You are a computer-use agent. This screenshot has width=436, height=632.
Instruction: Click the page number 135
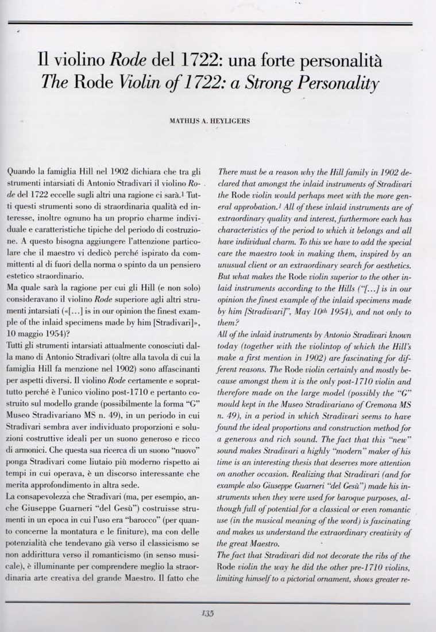pos(207,613)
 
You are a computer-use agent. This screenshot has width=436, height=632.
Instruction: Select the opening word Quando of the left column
pos(22,171)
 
